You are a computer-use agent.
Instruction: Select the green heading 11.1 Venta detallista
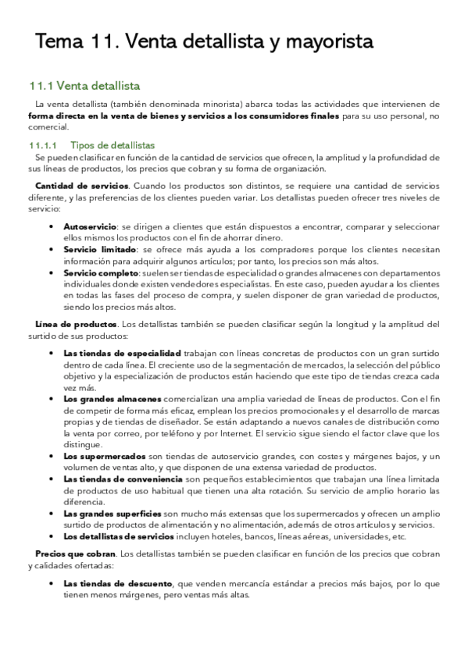click(84, 86)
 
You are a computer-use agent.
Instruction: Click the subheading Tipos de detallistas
click(113, 145)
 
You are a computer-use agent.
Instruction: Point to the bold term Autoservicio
click(88, 225)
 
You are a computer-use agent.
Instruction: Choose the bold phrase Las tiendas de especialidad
click(122, 352)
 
